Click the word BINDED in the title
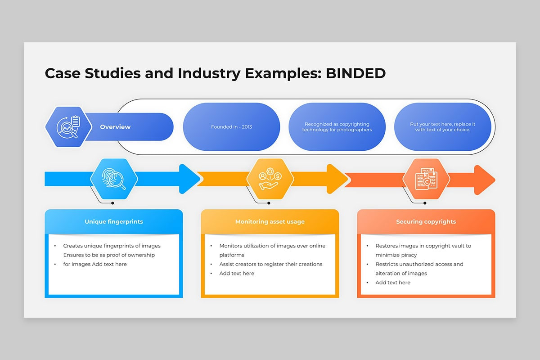click(x=355, y=73)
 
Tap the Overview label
click(x=115, y=127)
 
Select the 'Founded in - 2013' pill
click(x=231, y=127)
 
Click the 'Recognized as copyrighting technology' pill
click(x=337, y=127)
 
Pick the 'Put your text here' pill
click(x=443, y=127)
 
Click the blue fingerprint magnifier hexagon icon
click(x=114, y=179)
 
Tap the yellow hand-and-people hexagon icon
click(x=270, y=179)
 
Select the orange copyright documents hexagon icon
click(x=426, y=179)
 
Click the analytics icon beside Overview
click(x=68, y=127)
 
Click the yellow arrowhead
click(x=337, y=179)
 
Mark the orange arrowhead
click(x=485, y=180)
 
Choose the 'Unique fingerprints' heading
click(x=114, y=221)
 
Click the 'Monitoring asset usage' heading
click(x=270, y=221)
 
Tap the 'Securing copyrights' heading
click(x=426, y=221)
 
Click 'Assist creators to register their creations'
click(x=271, y=264)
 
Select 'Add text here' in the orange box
click(x=393, y=282)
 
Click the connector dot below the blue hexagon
click(x=112, y=203)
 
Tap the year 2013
click(x=247, y=127)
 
